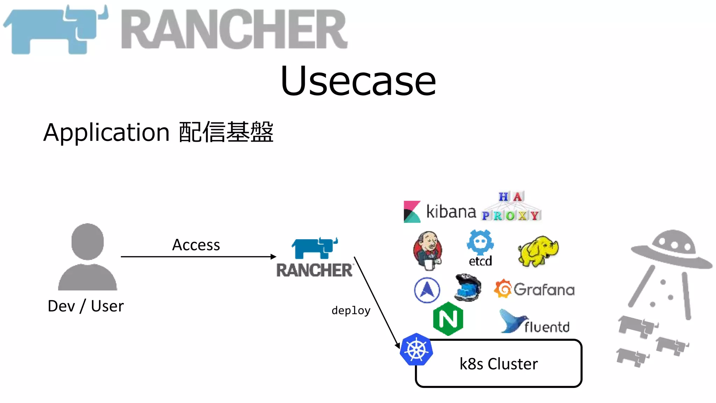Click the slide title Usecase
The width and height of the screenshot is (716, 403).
pyautogui.click(x=358, y=81)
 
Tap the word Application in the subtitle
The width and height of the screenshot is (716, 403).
pyautogui.click(x=106, y=133)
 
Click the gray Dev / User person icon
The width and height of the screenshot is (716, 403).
pyautogui.click(x=87, y=257)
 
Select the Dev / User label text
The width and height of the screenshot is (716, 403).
pyautogui.click(x=86, y=306)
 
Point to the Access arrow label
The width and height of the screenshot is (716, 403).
pyautogui.click(x=196, y=245)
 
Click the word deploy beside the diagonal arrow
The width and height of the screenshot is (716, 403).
pyautogui.click(x=351, y=310)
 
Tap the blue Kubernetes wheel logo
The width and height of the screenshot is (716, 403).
pyautogui.click(x=416, y=349)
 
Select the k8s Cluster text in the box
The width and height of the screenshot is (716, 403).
pyautogui.click(x=499, y=364)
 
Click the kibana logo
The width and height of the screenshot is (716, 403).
pyautogui.click(x=440, y=212)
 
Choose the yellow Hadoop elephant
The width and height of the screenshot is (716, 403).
pyautogui.click(x=538, y=250)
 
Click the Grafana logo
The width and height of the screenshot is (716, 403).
pyautogui.click(x=534, y=289)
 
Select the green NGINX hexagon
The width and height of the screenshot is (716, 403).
pyautogui.click(x=448, y=319)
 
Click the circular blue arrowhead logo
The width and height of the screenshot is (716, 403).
pyautogui.click(x=427, y=290)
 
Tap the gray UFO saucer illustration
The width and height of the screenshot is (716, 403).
pyautogui.click(x=671, y=250)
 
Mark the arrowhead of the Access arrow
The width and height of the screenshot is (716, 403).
pyautogui.click(x=274, y=257)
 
